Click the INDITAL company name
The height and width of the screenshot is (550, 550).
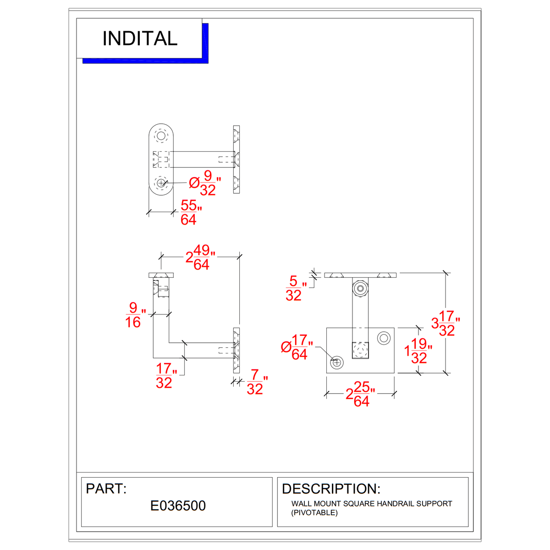pyautogui.click(x=140, y=38)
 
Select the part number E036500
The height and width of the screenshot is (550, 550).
pyautogui.click(x=178, y=506)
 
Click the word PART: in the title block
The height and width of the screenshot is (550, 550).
pyautogui.click(x=106, y=489)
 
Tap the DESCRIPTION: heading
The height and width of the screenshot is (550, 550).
pyautogui.click(x=331, y=489)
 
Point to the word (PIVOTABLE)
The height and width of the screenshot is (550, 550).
pyautogui.click(x=314, y=512)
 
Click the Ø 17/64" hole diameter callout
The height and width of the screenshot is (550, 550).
pyautogui.click(x=297, y=347)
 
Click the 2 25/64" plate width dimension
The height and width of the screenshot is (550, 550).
pyautogui.click(x=360, y=394)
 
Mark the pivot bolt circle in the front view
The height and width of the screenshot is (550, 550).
pyautogui.click(x=361, y=289)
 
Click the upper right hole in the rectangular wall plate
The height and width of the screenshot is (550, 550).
pyautogui.click(x=383, y=338)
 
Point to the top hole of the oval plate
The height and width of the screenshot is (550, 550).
pyautogui.click(x=161, y=136)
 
